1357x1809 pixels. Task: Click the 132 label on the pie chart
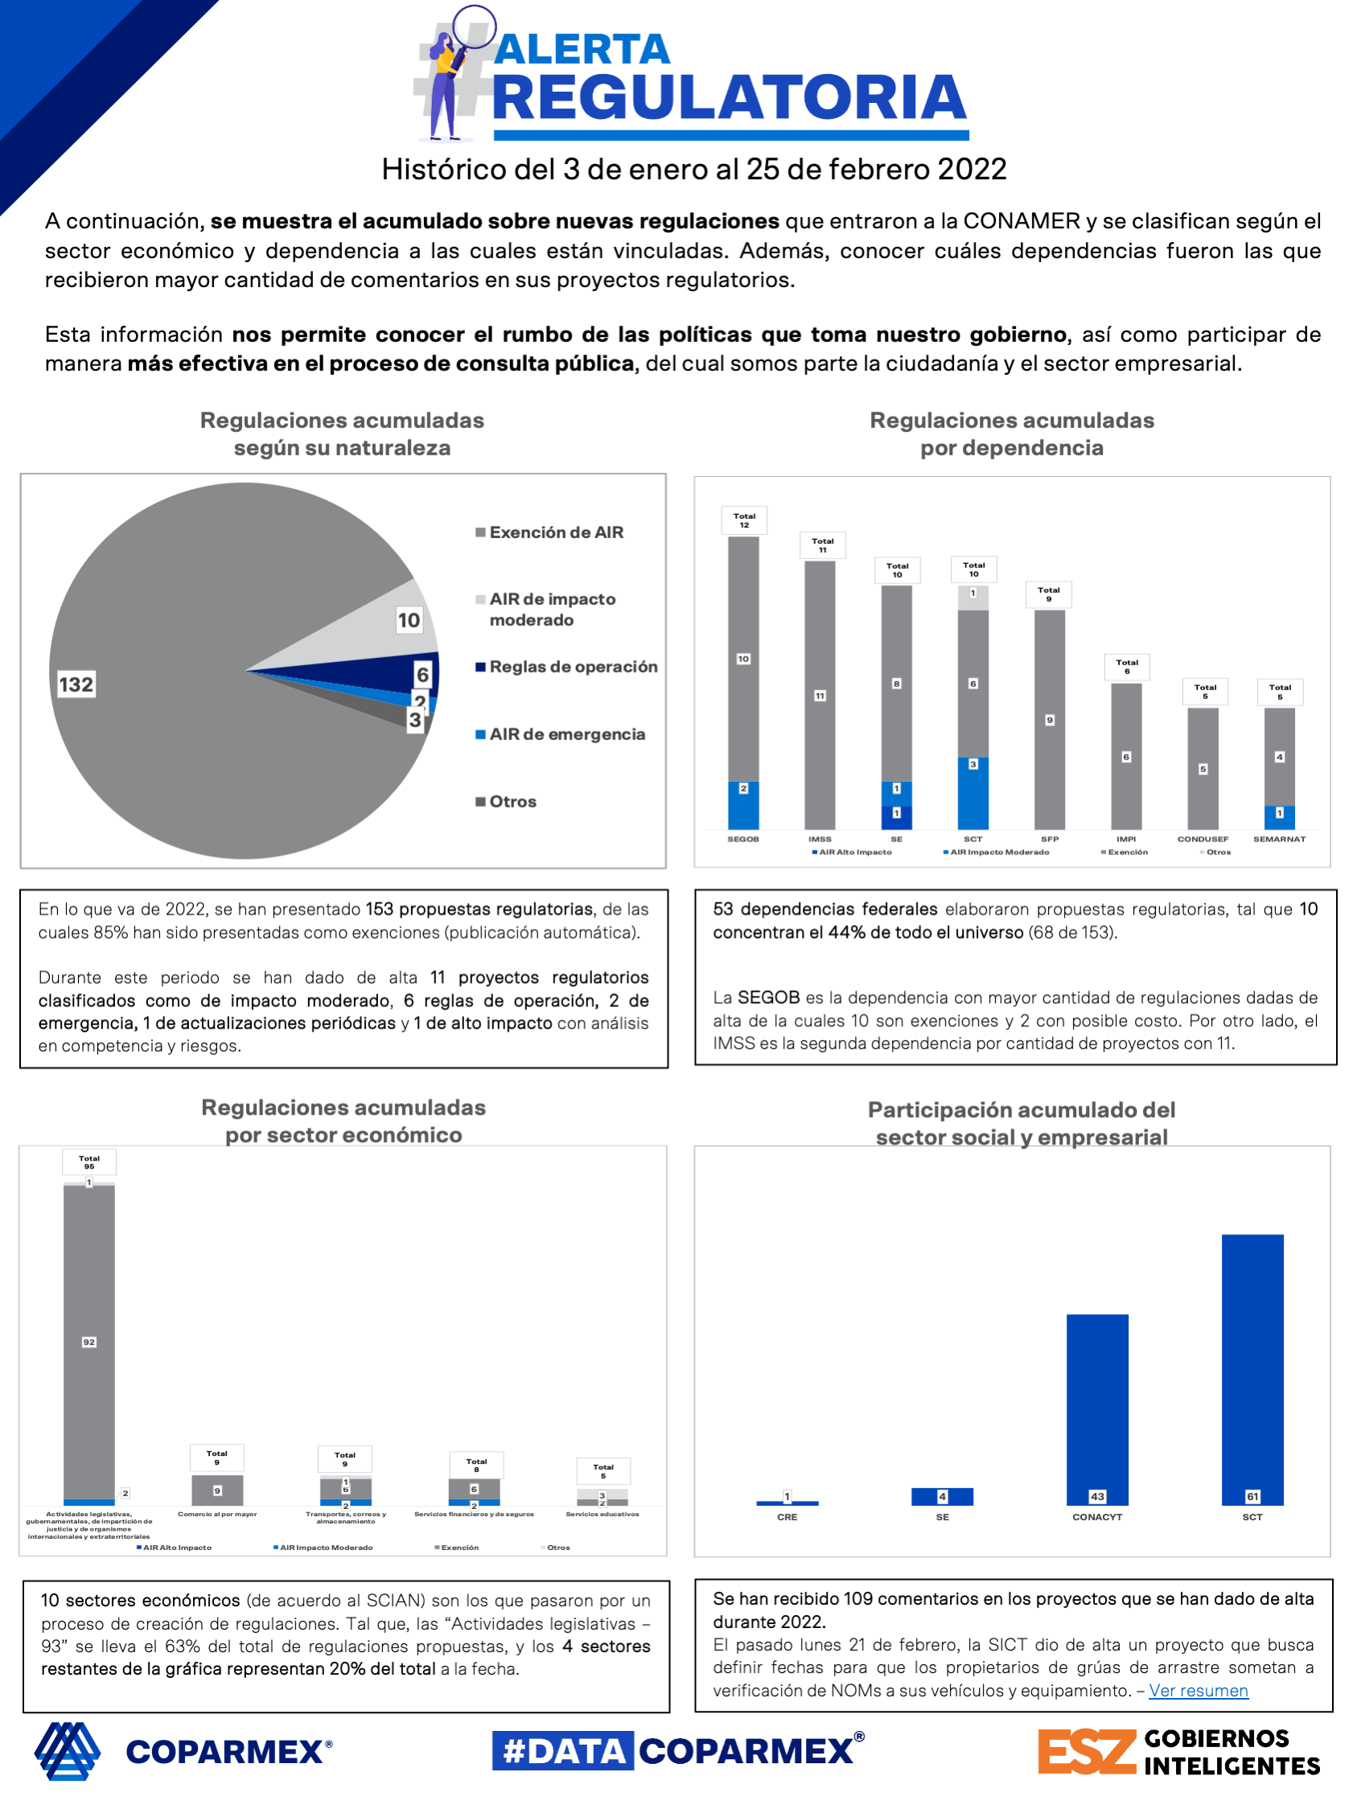[76, 685]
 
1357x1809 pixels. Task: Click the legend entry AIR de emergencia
[566, 734]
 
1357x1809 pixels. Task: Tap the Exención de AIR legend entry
[555, 532]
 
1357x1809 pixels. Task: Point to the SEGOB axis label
[742, 839]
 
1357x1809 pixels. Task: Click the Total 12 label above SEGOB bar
[743, 520]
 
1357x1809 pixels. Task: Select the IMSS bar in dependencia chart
[820, 695]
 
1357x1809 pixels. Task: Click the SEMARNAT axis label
[1279, 839]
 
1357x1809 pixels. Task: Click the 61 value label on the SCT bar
[1252, 1497]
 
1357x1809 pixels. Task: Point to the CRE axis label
[787, 1517]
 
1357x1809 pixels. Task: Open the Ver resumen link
[1198, 1691]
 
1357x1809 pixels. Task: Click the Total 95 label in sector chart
[89, 1162]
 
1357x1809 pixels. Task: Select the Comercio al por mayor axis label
[216, 1515]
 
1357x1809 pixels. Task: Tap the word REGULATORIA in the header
[730, 98]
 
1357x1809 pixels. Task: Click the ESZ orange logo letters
[1086, 1751]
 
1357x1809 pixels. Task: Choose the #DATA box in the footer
[563, 1751]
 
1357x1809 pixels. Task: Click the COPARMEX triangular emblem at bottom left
[68, 1751]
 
